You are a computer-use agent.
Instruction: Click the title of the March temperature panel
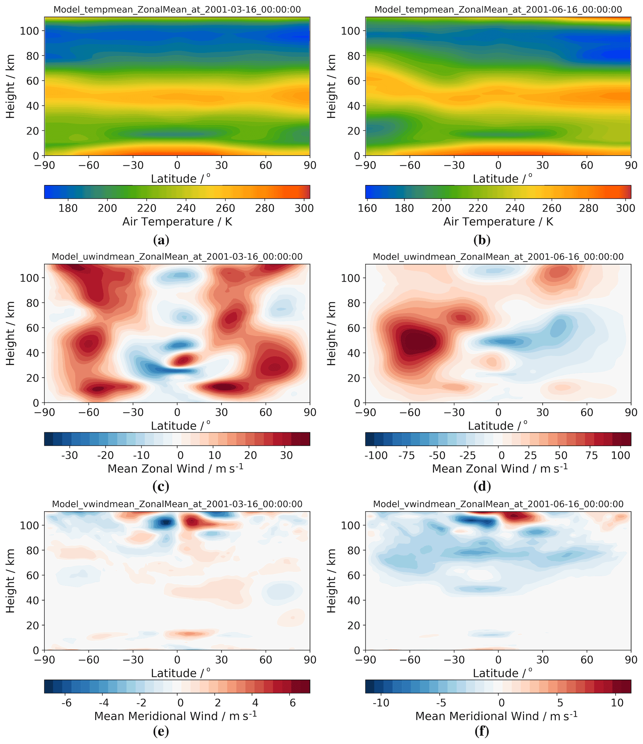(x=177, y=9)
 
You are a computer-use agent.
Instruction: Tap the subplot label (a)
(x=161, y=240)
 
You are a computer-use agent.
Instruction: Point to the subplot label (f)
(x=482, y=731)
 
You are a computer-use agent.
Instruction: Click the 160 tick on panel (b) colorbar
(x=367, y=208)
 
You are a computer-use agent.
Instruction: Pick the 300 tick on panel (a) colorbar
(x=304, y=208)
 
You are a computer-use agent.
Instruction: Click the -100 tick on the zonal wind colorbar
(x=376, y=456)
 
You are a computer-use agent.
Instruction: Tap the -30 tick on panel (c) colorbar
(x=69, y=456)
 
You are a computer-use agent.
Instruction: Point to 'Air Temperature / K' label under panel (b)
(x=498, y=222)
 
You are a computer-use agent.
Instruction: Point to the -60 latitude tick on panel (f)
(x=410, y=660)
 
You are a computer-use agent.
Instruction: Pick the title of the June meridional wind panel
(x=498, y=504)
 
